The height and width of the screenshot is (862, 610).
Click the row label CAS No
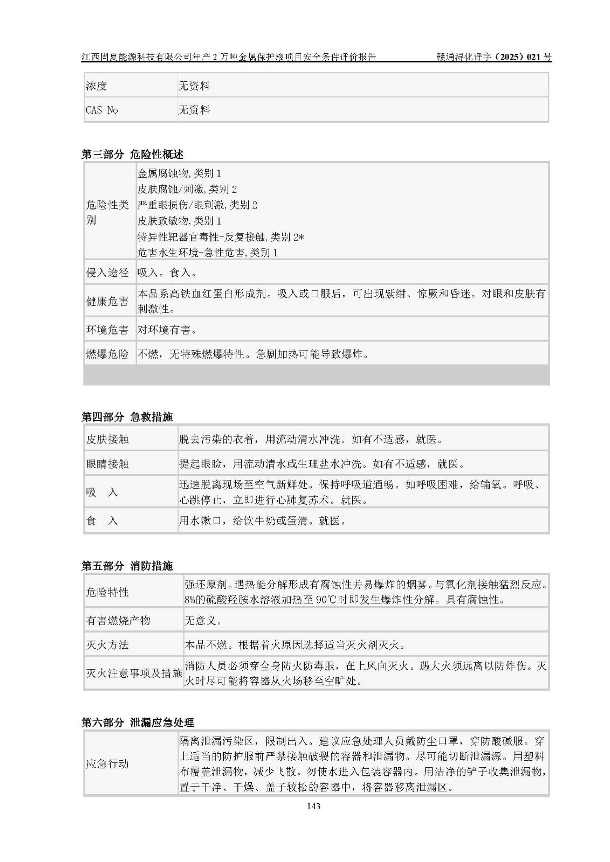point(102,110)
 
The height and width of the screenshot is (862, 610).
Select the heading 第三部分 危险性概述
point(132,155)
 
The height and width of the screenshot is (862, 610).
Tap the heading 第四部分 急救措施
point(127,417)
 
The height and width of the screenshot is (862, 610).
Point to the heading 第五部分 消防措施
point(127,566)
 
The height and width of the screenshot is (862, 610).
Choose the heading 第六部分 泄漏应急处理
point(138,722)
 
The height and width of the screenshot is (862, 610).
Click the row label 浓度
point(97,86)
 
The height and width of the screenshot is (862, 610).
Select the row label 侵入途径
point(108,273)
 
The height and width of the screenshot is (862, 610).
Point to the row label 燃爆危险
point(108,354)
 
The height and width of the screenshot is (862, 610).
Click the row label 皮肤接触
point(108,439)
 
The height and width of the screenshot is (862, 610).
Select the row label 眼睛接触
point(108,464)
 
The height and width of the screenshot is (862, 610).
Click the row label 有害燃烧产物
point(118,621)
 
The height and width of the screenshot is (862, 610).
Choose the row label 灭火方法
point(108,645)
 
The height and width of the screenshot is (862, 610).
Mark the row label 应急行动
point(108,764)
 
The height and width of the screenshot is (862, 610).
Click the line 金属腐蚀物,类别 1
point(180,173)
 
